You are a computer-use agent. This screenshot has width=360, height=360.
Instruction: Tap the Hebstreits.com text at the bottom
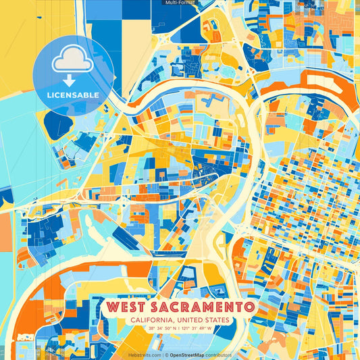click(x=144, y=354)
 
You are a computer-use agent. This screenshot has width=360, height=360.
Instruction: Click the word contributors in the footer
click(x=217, y=354)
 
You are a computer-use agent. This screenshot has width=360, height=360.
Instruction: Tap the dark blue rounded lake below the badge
click(x=58, y=124)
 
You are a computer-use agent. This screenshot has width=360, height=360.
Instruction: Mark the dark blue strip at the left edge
click(x=5, y=196)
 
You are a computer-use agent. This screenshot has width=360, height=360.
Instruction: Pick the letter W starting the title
click(x=111, y=307)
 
